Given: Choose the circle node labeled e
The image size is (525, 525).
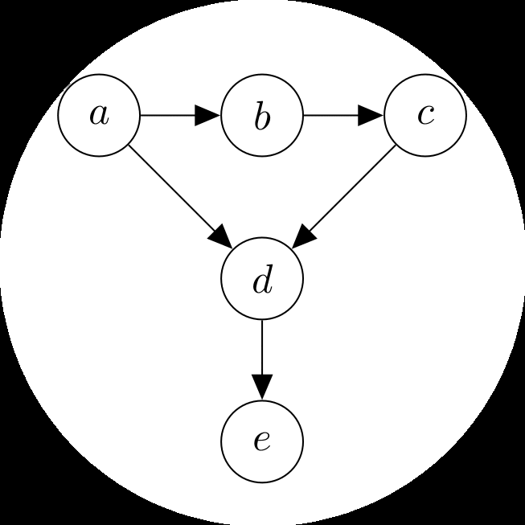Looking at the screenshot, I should (x=262, y=441).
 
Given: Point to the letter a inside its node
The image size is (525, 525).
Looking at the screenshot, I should (x=99, y=116).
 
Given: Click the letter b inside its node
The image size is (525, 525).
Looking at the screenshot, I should (x=262, y=117).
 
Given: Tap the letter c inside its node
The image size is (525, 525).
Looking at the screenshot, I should (x=425, y=116).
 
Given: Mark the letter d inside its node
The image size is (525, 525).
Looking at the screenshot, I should (x=262, y=280).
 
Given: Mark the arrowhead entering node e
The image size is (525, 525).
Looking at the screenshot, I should (x=262, y=388).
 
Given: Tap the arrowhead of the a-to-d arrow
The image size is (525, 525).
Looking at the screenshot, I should (x=222, y=238).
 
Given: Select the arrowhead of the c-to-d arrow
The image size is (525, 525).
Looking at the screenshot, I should (x=302, y=238).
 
